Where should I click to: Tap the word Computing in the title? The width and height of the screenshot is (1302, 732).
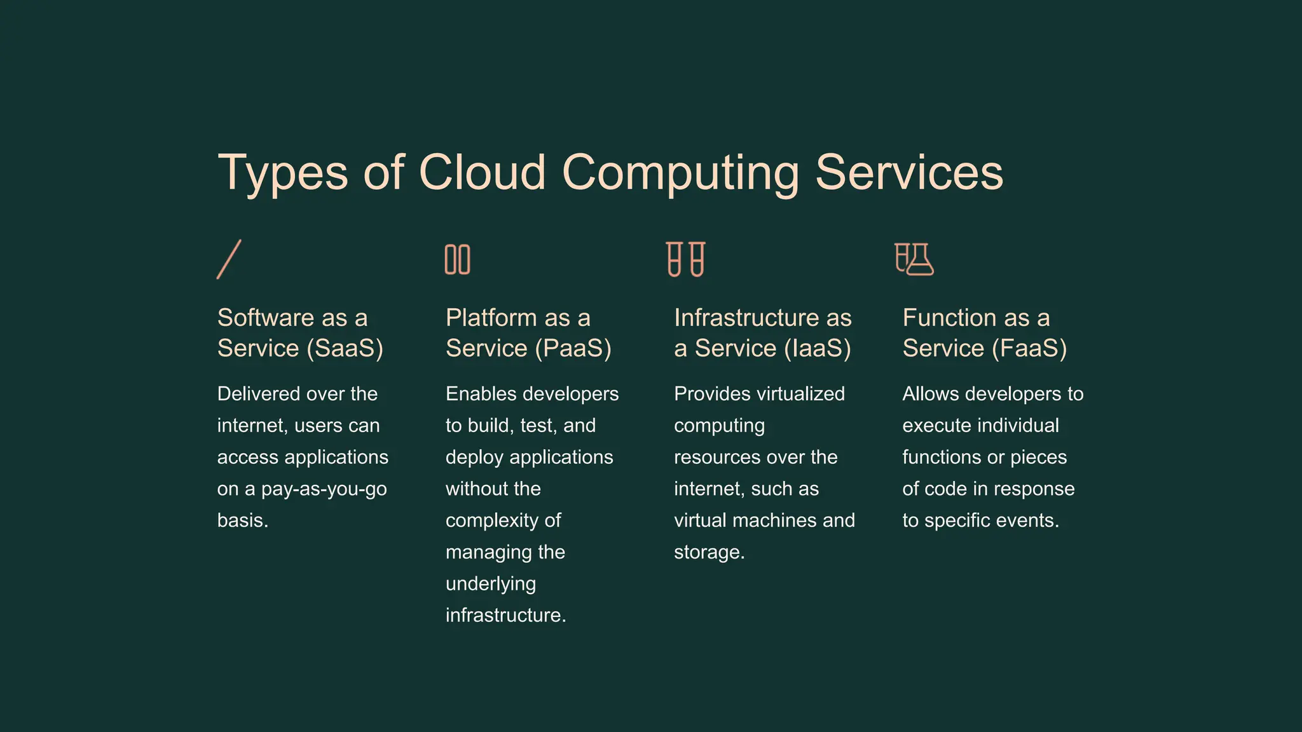point(680,173)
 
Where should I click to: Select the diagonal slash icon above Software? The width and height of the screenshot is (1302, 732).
point(229,259)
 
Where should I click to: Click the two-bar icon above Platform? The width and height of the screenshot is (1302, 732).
point(457,259)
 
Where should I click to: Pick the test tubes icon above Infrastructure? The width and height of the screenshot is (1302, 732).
point(685,259)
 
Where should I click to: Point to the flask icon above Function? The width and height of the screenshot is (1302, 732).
point(914,259)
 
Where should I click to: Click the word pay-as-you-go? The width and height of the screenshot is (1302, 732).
point(324,489)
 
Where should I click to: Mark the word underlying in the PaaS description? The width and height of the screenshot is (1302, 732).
point(491,584)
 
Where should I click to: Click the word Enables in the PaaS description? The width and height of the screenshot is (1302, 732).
point(481,394)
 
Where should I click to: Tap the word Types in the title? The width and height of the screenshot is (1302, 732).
point(283,173)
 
